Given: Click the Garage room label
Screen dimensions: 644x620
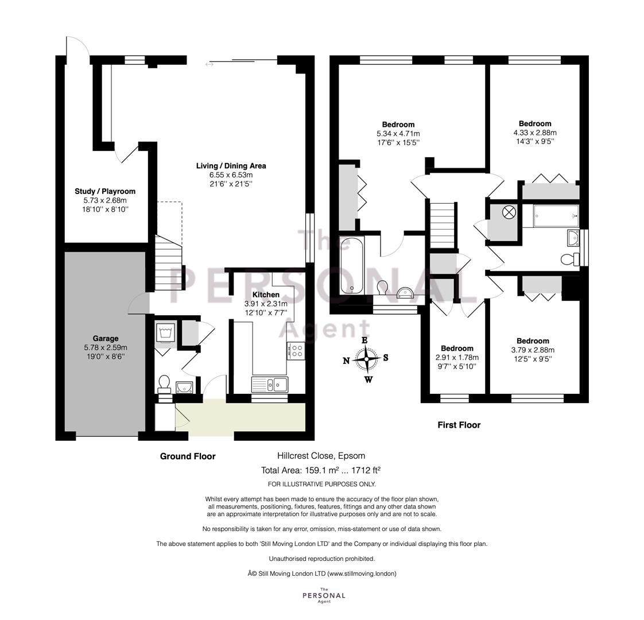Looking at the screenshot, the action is tap(106, 339).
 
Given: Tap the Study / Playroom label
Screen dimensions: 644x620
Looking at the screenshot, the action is tap(105, 191).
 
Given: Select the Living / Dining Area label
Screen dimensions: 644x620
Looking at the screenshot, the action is tap(231, 165).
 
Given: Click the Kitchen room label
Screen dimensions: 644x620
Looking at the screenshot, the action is tap(266, 294).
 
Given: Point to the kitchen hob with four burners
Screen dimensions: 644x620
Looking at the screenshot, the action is tap(296, 351).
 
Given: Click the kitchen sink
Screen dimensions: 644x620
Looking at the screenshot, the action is tap(270, 385).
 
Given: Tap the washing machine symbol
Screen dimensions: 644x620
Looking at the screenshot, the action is tap(166, 332).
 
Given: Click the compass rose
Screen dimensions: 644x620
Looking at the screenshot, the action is tap(366, 358).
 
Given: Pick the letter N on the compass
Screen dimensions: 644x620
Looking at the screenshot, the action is tap(346, 361).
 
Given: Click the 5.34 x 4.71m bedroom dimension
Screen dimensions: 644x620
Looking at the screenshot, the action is tap(398, 134).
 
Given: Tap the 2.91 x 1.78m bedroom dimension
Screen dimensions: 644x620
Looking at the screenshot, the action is tap(457, 358).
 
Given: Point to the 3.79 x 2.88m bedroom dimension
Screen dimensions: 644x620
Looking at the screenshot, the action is tap(533, 350).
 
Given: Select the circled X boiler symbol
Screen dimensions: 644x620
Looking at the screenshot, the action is tap(509, 212).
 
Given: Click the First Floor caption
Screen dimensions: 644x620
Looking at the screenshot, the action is tap(459, 425).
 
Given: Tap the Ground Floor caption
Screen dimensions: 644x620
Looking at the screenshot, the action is tap(188, 456).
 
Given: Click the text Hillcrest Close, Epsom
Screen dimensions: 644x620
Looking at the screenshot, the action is tap(321, 455).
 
